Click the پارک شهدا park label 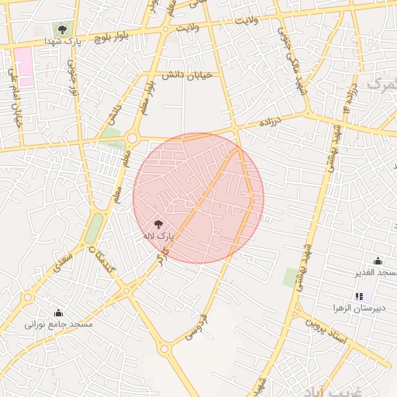pos(63,40)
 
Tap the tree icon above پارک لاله pos(159,223)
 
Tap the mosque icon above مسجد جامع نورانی pos(58,313)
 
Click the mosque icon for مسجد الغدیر pos(378,261)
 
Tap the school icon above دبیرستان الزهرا pos(359,296)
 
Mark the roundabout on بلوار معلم pos(131,139)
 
